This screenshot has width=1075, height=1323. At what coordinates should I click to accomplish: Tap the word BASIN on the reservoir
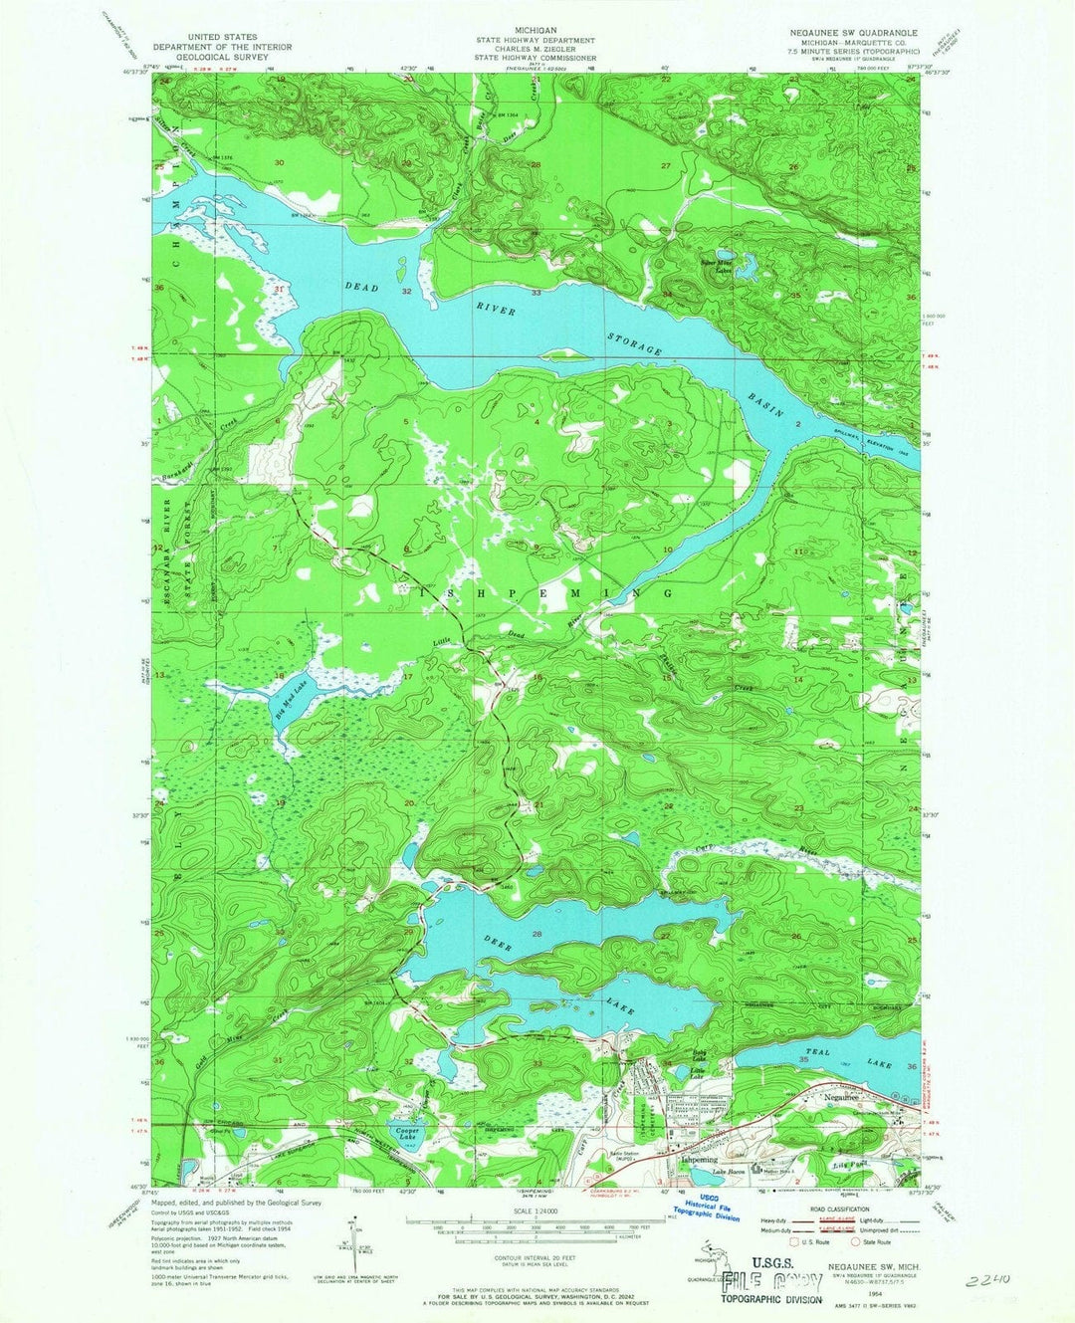click(767, 404)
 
